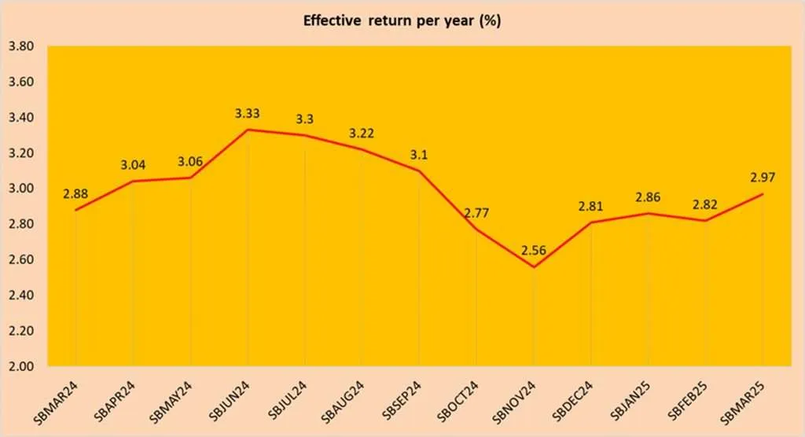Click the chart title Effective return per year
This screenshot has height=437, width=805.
point(402,20)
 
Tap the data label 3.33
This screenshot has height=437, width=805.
point(248,114)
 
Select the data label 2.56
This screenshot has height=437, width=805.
point(534,252)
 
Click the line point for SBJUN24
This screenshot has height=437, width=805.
point(248,130)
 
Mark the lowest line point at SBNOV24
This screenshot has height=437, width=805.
point(534,267)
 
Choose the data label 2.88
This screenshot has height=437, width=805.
point(75,194)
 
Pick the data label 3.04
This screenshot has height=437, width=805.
point(133,166)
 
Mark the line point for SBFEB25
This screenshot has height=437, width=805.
point(705,221)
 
